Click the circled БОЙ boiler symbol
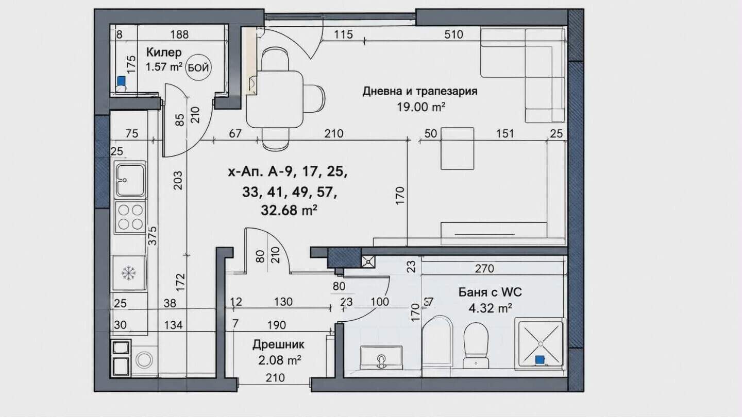pos(198,68)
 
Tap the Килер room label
pos(164,53)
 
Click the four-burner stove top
pos(130,217)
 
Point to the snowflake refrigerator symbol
pos(128,273)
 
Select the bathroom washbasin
pos(381,357)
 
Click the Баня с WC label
pos(490,292)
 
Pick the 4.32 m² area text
pos(490,308)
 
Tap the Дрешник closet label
pos(278,344)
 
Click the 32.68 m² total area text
pos(289,210)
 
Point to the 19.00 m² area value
pos(420,107)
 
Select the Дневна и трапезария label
pos(420,91)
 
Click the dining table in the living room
pos(274,99)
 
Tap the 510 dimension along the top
pos(453,34)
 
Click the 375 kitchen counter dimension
pos(153,236)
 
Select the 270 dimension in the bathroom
pos(484,268)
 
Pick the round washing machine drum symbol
pos(144,359)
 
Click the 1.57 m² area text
pos(164,67)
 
